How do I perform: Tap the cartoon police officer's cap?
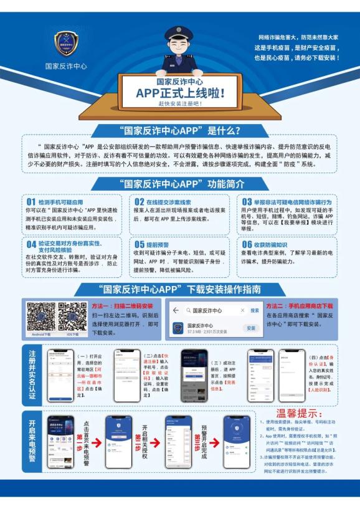click(x=180, y=34)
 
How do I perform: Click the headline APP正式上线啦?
click(x=180, y=93)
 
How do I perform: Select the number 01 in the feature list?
click(x=31, y=202)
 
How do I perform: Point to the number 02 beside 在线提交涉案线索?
click(x=139, y=202)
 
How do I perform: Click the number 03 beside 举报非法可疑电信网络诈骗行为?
click(x=247, y=202)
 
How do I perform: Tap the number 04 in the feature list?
click(x=31, y=244)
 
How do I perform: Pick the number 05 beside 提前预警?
click(x=139, y=244)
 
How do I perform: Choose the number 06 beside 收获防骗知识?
click(x=247, y=244)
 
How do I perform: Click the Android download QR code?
click(x=40, y=316)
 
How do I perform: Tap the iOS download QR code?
click(x=72, y=316)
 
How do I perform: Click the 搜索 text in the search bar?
click(x=255, y=310)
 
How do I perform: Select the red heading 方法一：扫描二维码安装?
click(x=122, y=307)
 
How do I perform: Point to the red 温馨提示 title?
click(x=299, y=414)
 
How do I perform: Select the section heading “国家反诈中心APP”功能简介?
click(x=180, y=184)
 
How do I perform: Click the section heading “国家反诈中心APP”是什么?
click(x=180, y=131)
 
